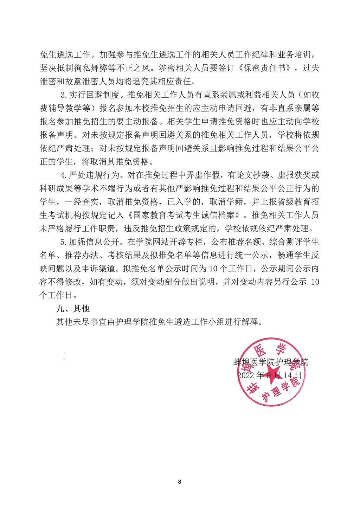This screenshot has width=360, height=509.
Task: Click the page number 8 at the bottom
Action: point(180,482)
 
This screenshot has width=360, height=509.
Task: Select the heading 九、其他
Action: point(73,309)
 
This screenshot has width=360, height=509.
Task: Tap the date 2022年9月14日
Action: point(270,375)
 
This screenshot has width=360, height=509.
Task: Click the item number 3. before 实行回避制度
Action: point(64,95)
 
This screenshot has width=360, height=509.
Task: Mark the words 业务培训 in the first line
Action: point(295,55)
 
